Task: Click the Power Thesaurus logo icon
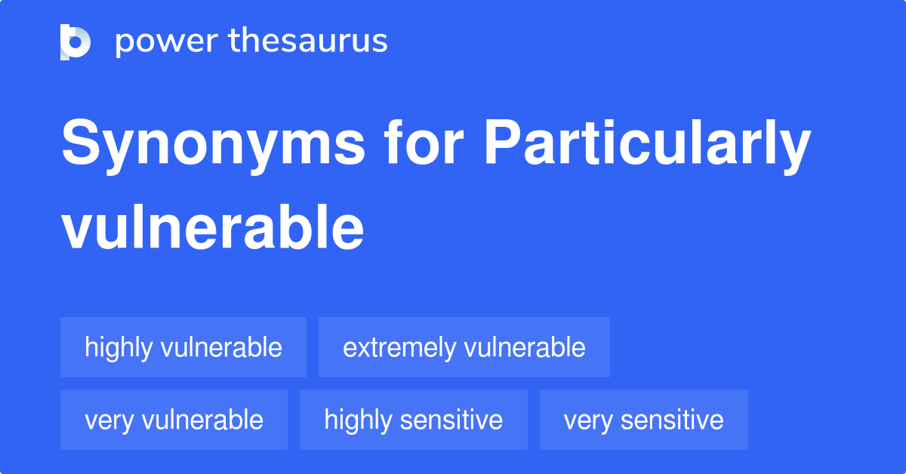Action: coord(75,42)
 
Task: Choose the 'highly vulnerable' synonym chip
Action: coord(183,347)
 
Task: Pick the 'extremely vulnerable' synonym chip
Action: coord(464,347)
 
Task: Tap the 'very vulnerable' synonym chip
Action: coord(174,420)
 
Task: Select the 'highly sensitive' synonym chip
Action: coord(413,420)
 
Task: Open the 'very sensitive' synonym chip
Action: coord(643,420)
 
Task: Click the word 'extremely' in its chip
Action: coord(399,347)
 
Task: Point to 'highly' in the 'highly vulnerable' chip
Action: coord(118,347)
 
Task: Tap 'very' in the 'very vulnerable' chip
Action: coord(109,420)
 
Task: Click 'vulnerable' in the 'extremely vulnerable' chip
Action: coord(525,347)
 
